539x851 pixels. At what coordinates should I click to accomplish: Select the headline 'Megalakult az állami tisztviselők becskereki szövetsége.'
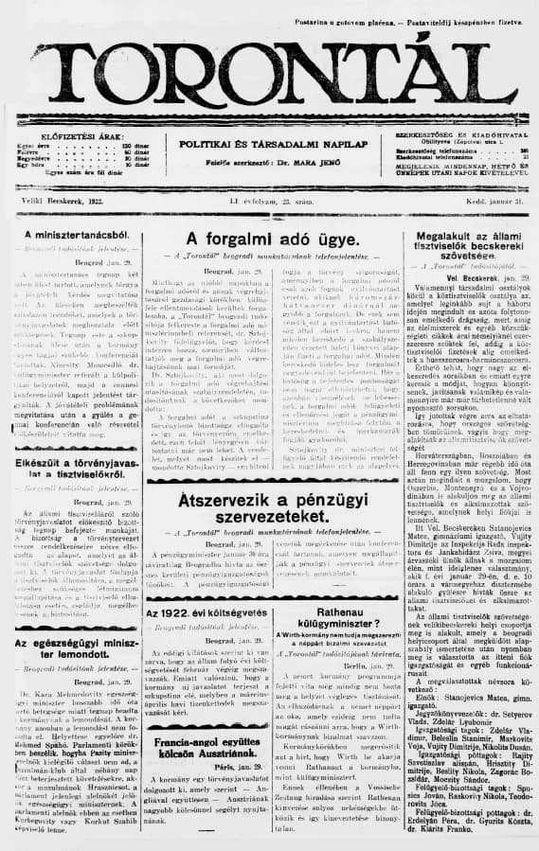tap(463, 248)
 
